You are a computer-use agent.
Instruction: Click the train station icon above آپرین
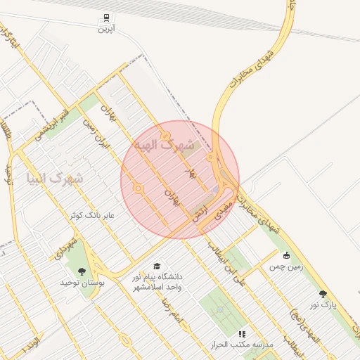pyautogui.click(x=105, y=18)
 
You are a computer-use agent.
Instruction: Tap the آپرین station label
pyautogui.click(x=105, y=29)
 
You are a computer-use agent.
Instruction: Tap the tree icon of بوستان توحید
pyautogui.click(x=83, y=271)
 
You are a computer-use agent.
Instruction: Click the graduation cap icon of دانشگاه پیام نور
pyautogui.click(x=157, y=266)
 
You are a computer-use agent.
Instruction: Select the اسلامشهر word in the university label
pyautogui.click(x=149, y=287)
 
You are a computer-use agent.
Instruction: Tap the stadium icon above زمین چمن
pyautogui.click(x=285, y=256)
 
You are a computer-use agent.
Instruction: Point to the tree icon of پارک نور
pyautogui.click(x=323, y=295)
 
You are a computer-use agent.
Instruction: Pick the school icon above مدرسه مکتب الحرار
pyautogui.click(x=243, y=335)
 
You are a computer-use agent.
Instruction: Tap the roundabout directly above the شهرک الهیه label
pyautogui.click(x=165, y=136)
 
